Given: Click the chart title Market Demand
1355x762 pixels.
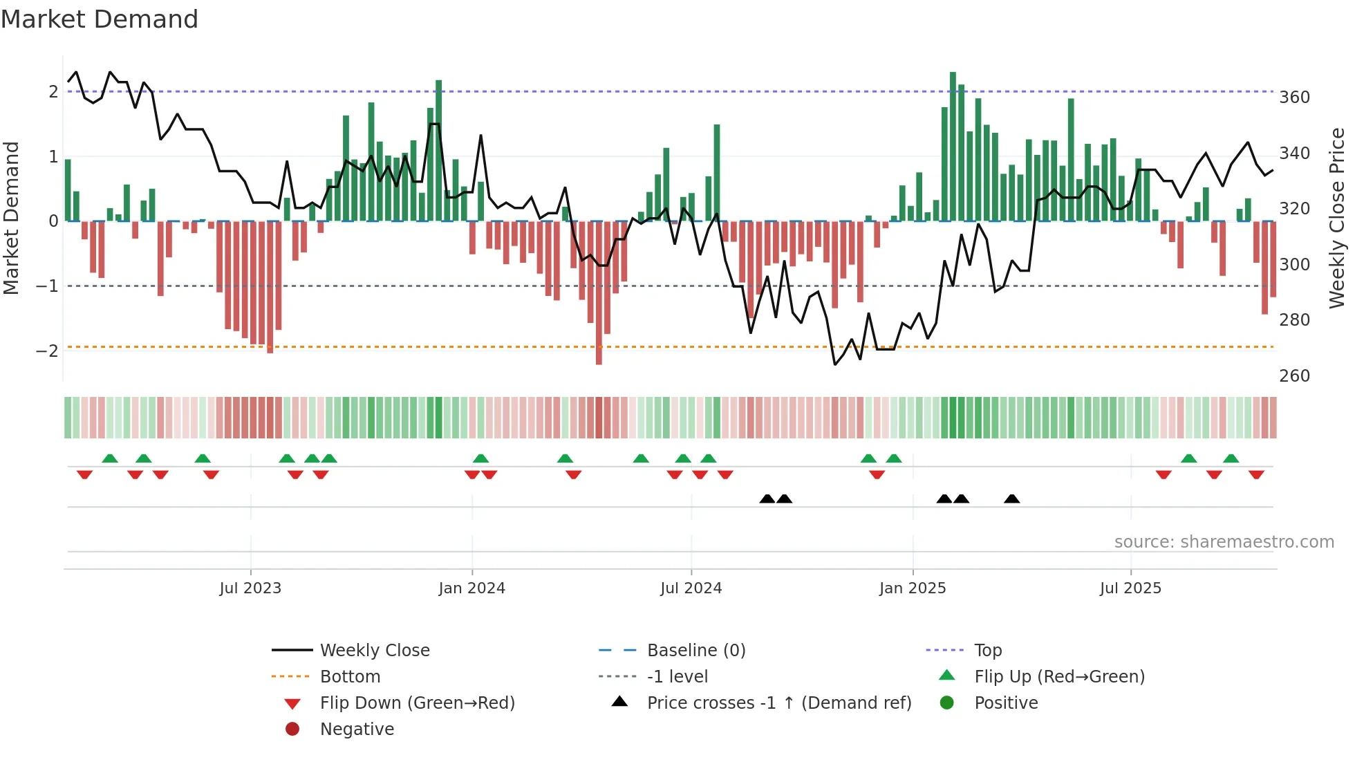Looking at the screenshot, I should [100, 19].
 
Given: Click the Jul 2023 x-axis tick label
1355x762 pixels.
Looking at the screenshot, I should [250, 588].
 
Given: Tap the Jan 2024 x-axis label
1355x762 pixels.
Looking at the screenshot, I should [471, 588].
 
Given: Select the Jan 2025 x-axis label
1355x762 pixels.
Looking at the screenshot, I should [912, 588].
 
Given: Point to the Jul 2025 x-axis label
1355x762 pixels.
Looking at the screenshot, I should [1130, 588].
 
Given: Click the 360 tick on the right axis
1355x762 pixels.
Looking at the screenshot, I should [1294, 97].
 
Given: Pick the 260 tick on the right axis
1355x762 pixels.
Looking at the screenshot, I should [1294, 376].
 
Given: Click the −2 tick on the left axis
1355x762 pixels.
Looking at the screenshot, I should [47, 351].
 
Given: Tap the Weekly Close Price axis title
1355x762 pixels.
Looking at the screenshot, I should [1337, 218].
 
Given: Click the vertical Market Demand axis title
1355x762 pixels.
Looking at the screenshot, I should [11, 218].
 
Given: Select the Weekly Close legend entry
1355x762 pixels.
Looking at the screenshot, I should [374, 651].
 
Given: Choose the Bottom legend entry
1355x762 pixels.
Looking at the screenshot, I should [350, 677].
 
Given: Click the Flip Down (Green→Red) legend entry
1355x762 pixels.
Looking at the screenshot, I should [417, 703].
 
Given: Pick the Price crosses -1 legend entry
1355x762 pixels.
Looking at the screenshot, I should [778, 703].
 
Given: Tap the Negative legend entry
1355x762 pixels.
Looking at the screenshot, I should [357, 730].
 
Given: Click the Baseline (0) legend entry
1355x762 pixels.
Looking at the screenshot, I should [695, 651].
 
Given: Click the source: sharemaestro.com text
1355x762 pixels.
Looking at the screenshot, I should [1224, 542].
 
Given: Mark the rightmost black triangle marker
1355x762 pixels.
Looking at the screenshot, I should [1011, 499].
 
